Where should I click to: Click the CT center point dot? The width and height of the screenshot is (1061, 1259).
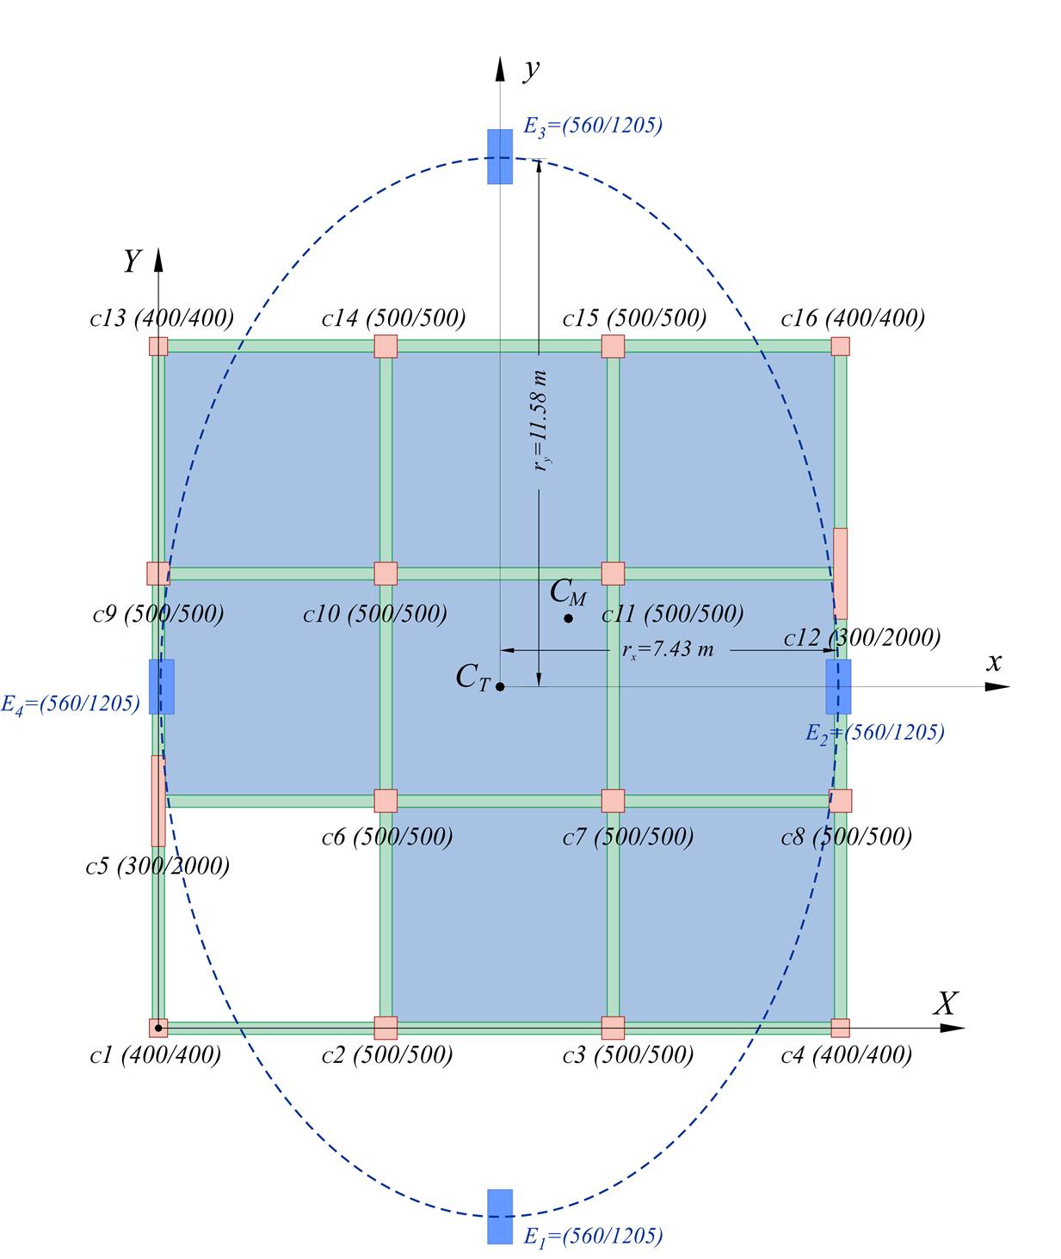tap(500, 686)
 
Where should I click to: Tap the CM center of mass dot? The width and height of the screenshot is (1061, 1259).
tap(568, 618)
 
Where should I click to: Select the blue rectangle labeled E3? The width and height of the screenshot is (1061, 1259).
tap(500, 157)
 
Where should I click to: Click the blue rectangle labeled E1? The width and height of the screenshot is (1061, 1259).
tap(500, 1216)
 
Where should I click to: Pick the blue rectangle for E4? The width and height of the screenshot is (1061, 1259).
tap(162, 686)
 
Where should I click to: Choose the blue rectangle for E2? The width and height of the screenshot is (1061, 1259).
tap(838, 686)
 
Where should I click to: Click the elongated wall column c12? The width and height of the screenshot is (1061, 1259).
tap(840, 574)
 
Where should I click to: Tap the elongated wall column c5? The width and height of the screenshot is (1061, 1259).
tap(158, 801)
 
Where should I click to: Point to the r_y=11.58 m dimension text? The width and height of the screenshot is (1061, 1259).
tap(541, 421)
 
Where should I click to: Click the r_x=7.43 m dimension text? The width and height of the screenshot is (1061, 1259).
tap(668, 650)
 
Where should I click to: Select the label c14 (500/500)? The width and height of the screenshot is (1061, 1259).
tap(393, 318)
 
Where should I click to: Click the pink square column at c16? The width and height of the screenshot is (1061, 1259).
tap(840, 346)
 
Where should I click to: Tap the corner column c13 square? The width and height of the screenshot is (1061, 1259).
tap(158, 346)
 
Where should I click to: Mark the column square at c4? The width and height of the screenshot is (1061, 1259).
tap(840, 1028)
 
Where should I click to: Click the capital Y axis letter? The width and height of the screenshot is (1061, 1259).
tap(133, 261)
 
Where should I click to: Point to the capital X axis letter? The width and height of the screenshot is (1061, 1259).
tap(946, 1004)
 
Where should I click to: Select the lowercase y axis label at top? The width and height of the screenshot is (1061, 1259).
tap(531, 70)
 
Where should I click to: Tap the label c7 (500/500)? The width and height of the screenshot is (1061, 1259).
tap(627, 837)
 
